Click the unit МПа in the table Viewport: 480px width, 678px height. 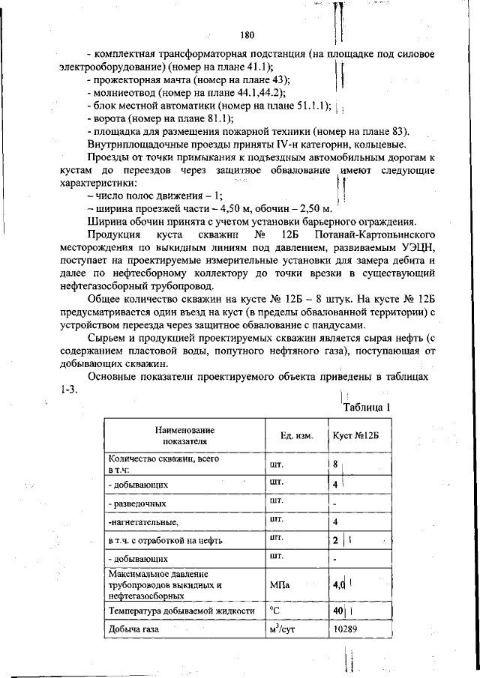[x=279, y=585]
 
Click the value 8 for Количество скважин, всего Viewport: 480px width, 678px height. [x=335, y=464]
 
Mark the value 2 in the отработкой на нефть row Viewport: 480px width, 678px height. [x=335, y=539]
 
